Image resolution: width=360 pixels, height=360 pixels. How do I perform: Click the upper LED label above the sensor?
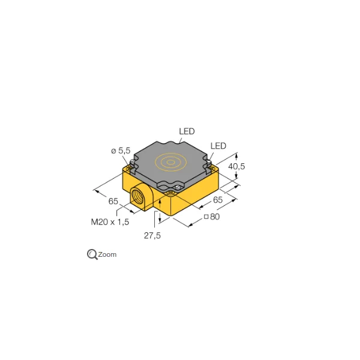[x=187, y=131]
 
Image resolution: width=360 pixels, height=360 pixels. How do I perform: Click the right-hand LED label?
[x=218, y=146]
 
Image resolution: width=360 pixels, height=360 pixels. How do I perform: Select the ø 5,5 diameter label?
[x=121, y=151]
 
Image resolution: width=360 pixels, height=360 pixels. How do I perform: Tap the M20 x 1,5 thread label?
[x=110, y=222]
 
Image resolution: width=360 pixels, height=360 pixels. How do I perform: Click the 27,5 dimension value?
[x=152, y=236]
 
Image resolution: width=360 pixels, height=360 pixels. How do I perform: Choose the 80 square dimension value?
[x=215, y=217]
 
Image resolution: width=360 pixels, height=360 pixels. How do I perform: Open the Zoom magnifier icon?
[x=92, y=254]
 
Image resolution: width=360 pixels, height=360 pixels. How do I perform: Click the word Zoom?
[x=107, y=254]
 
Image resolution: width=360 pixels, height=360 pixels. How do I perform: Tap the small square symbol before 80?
[x=206, y=217]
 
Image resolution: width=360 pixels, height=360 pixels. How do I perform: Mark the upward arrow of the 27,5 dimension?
[x=160, y=204]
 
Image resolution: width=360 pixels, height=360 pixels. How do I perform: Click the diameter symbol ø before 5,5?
[x=113, y=151]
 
